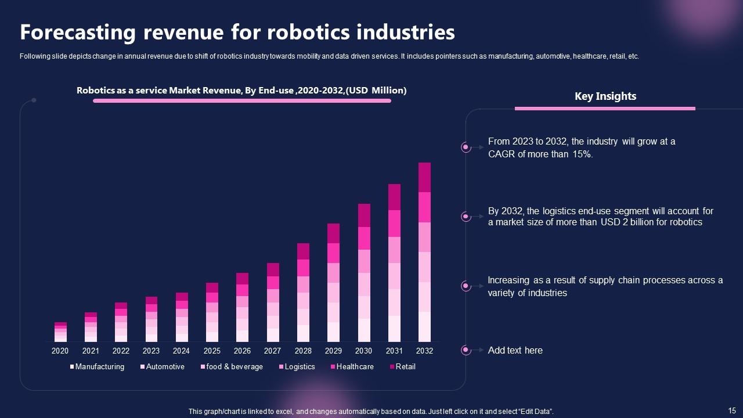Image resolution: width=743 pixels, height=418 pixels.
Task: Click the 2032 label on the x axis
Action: click(424, 351)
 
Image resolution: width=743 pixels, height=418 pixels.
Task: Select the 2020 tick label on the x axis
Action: click(60, 351)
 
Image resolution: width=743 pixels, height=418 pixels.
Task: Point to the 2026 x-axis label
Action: click(242, 351)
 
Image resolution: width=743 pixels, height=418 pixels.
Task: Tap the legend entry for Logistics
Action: click(300, 367)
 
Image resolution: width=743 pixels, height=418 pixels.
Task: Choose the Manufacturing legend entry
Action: click(99, 367)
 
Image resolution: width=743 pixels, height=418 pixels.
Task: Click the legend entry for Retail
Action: click(405, 367)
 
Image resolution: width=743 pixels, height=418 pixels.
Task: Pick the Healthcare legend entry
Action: click(355, 367)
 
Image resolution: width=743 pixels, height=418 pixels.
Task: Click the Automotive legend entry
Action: click(165, 367)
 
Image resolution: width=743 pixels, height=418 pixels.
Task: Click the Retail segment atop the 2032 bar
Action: click(424, 177)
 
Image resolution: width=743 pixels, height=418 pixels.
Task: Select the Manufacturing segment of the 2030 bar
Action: click(364, 330)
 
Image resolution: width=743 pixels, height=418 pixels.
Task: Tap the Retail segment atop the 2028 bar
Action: click(303, 251)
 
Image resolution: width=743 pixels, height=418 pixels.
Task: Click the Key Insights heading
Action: click(605, 96)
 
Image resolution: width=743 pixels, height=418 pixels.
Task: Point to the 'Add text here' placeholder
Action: click(515, 350)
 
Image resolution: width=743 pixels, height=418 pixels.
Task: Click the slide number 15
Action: click(731, 409)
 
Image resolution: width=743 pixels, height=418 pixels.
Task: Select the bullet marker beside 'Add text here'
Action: click(466, 350)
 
